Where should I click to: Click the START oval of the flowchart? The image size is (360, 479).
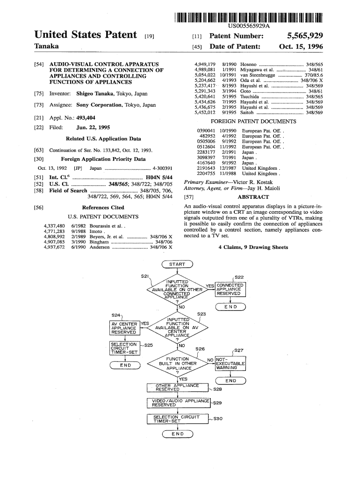[177, 264]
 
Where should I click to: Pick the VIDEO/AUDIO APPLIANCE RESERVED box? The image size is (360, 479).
[179, 403]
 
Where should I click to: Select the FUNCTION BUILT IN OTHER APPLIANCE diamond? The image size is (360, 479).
[177, 363]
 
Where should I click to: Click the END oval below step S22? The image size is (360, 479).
[230, 307]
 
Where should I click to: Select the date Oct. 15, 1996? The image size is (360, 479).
[301, 47]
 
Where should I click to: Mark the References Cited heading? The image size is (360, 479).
[103, 207]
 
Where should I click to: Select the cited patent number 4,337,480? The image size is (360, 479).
[54, 226]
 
